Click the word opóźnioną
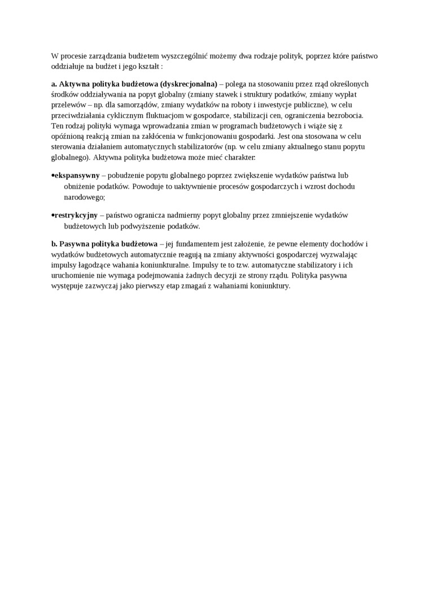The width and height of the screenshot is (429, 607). pos(67,136)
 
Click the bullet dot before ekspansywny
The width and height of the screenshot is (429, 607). pos(52,176)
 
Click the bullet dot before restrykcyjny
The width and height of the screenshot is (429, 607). pos(52,215)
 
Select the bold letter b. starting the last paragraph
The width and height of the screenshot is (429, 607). pos(54,244)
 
